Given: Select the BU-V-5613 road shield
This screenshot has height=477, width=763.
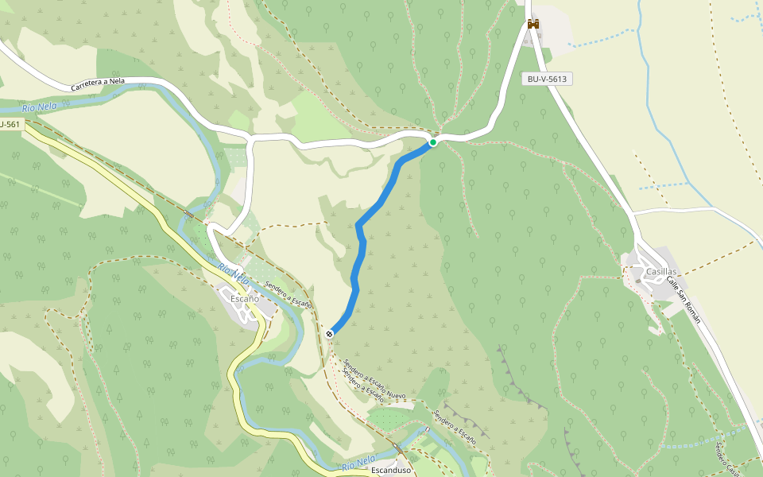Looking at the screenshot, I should tap(547, 79).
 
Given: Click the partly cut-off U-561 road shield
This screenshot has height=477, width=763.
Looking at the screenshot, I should tap(10, 124).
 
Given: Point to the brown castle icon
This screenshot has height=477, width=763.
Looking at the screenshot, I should tap(533, 24).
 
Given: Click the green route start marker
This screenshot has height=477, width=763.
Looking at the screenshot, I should tap(433, 142).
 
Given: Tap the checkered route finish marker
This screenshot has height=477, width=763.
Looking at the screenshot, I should tap(329, 334).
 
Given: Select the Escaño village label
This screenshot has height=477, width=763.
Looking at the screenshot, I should tap(245, 299).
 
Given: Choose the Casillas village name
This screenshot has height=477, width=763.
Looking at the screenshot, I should tap(661, 272).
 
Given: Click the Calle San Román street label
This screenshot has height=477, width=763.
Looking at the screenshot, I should tap(684, 300).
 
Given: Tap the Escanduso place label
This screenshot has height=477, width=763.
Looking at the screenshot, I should tap(391, 470).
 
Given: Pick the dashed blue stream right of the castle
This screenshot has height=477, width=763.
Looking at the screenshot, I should tap(604, 37).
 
